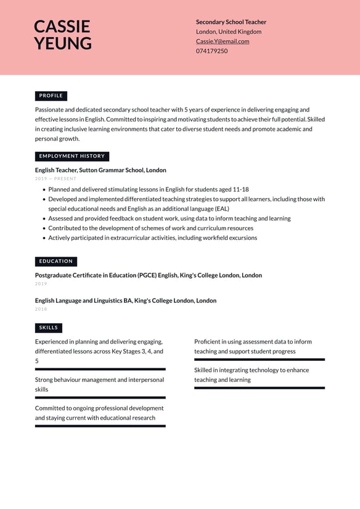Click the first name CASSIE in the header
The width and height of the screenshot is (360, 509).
point(62,27)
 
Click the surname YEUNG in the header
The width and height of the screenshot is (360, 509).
point(62,43)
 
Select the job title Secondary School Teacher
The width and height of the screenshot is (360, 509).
point(231,22)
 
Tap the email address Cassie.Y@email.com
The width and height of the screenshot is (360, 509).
point(223,41)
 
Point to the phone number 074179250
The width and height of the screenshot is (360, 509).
point(211,51)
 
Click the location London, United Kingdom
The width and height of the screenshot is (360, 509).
point(229,31)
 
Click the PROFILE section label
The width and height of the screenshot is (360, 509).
point(51,96)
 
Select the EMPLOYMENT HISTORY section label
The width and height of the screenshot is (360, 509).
point(72,156)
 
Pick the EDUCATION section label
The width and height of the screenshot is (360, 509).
point(56,261)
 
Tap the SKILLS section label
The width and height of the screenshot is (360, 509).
point(49,328)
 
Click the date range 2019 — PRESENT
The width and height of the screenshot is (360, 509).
point(55,179)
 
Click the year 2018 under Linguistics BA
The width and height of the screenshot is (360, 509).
point(41,309)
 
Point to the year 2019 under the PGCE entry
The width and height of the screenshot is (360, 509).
point(41,284)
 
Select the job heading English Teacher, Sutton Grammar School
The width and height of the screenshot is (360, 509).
point(100,170)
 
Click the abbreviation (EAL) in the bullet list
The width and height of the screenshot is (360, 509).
point(221,209)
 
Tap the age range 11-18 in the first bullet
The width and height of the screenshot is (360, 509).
point(240,189)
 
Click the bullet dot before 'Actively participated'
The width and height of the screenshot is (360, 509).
point(44,238)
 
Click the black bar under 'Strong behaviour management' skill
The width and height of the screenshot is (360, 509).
point(100,397)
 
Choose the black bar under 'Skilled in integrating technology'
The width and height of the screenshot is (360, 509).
point(259,387)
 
